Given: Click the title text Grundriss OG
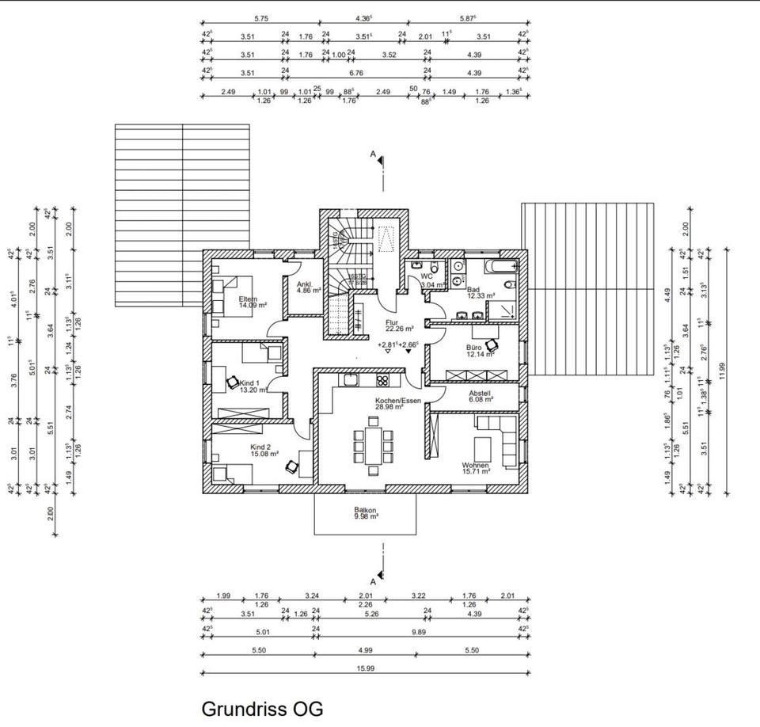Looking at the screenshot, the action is point(262,708).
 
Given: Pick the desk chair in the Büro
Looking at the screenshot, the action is point(493,344).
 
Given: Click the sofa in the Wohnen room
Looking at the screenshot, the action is point(499,440).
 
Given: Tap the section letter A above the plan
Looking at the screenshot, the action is point(372,154).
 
